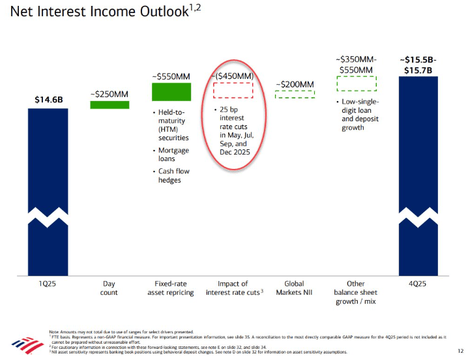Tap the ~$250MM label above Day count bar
110,93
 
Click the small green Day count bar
110,104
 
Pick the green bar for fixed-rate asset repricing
171,92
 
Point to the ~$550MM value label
171,75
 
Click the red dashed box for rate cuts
233,90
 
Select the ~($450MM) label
233,76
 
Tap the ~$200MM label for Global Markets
295,84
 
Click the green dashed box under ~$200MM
295,94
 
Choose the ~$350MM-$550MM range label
356,65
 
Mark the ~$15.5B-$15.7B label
418,65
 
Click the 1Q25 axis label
48,284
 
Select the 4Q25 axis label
418,284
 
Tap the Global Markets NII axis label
295,288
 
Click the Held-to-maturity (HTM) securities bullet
173,125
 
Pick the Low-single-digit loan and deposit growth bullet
360,115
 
